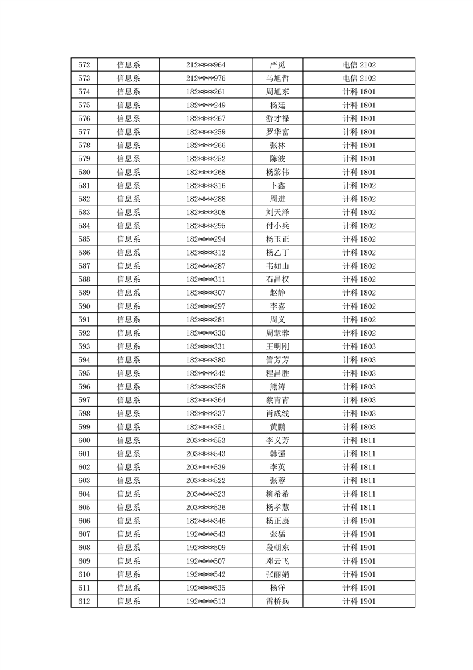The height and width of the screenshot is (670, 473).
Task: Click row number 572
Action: [84, 65]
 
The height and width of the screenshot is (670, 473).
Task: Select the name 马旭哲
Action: [277, 78]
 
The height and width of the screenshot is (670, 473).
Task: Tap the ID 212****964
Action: [206, 65]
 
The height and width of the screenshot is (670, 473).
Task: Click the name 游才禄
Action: [277, 118]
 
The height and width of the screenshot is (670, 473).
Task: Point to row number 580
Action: [84, 172]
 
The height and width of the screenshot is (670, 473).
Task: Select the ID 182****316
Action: [206, 186]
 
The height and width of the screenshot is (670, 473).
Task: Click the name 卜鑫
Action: [277, 186]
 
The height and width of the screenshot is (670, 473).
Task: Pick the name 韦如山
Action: [277, 266]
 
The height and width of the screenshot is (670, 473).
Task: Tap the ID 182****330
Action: [206, 333]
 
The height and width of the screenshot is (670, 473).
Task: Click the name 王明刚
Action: [277, 346]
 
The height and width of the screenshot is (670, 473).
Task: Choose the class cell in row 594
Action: [359, 359]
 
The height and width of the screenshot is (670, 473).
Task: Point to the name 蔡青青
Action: [277, 399]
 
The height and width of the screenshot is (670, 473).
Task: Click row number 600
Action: [84, 440]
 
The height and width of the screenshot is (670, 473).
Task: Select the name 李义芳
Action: [277, 440]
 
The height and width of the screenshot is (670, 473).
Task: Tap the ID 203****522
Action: [206, 480]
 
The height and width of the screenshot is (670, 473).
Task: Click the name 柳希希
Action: [277, 494]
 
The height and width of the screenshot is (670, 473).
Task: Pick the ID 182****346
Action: [206, 521]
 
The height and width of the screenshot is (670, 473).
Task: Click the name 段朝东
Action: [277, 547]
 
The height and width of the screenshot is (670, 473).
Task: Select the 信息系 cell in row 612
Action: [128, 601]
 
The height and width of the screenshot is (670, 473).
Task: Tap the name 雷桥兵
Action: [277, 601]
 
